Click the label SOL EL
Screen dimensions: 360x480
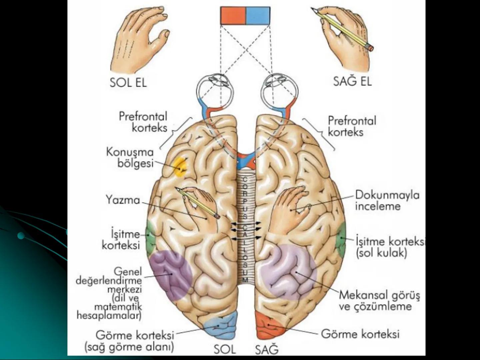coord(128,82)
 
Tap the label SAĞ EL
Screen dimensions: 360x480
coord(352,81)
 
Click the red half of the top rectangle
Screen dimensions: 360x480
coord(233,16)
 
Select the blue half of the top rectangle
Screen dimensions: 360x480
coord(258,16)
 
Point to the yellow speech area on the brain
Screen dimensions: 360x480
coord(180,167)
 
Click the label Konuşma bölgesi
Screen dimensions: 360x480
coord(130,158)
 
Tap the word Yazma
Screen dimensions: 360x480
coord(123,200)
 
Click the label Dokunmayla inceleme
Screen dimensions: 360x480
coord(387,200)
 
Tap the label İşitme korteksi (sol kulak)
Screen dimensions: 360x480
coord(390,247)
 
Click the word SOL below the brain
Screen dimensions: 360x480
coord(225,349)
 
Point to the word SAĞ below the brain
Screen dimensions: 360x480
coord(267,350)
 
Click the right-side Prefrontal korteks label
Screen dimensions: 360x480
coord(352,126)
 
